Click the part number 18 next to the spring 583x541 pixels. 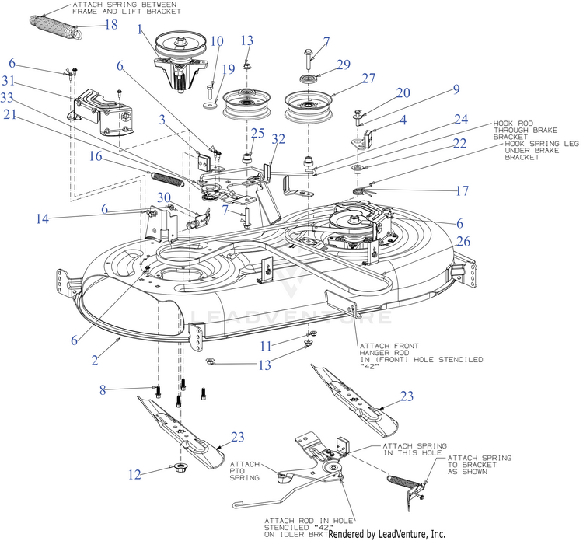tap(111, 25)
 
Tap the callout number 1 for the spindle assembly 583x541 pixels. tap(140, 29)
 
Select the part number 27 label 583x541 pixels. tap(368, 79)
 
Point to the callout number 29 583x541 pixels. tap(344, 65)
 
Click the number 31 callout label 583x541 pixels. tap(9, 81)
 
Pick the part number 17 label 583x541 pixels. tap(463, 190)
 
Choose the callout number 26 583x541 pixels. tap(463, 241)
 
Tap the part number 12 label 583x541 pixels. tap(134, 475)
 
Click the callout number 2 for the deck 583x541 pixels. tap(95, 360)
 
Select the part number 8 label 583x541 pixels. tap(103, 390)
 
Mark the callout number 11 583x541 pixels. tap(266, 346)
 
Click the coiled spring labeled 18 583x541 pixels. tap(56, 26)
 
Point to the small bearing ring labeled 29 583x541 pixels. tap(308, 79)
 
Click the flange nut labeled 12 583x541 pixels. tap(181, 466)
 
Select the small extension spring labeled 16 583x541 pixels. tap(166, 180)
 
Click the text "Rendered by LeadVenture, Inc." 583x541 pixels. tap(386, 534)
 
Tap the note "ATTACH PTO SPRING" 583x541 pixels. tap(245, 471)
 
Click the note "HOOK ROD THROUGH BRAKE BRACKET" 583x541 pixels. tap(525, 130)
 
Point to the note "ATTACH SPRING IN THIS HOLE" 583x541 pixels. tap(415, 449)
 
